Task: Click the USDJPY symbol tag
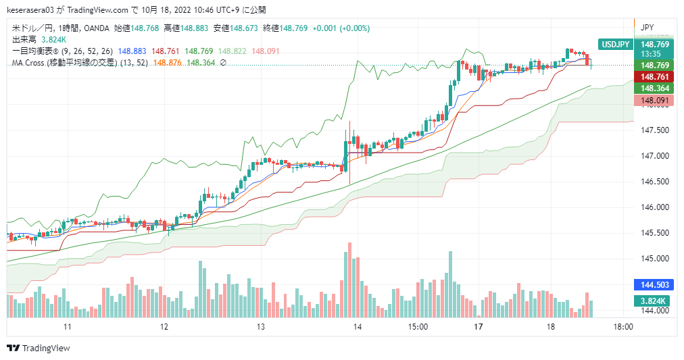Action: pyautogui.click(x=615, y=45)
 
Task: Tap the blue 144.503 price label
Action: pyautogui.click(x=654, y=285)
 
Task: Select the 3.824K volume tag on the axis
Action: pyautogui.click(x=654, y=301)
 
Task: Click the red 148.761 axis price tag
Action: pyautogui.click(x=654, y=76)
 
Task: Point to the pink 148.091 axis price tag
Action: pyautogui.click(x=654, y=101)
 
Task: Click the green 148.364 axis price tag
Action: pyautogui.click(x=654, y=88)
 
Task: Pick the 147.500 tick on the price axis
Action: pyautogui.click(x=654, y=130)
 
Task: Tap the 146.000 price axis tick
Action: pyautogui.click(x=654, y=207)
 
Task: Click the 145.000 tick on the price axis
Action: pyautogui.click(x=654, y=259)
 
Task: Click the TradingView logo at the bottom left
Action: pyautogui.click(x=38, y=348)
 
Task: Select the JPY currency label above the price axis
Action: pyautogui.click(x=648, y=27)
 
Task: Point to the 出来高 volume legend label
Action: pyautogui.click(x=24, y=40)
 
